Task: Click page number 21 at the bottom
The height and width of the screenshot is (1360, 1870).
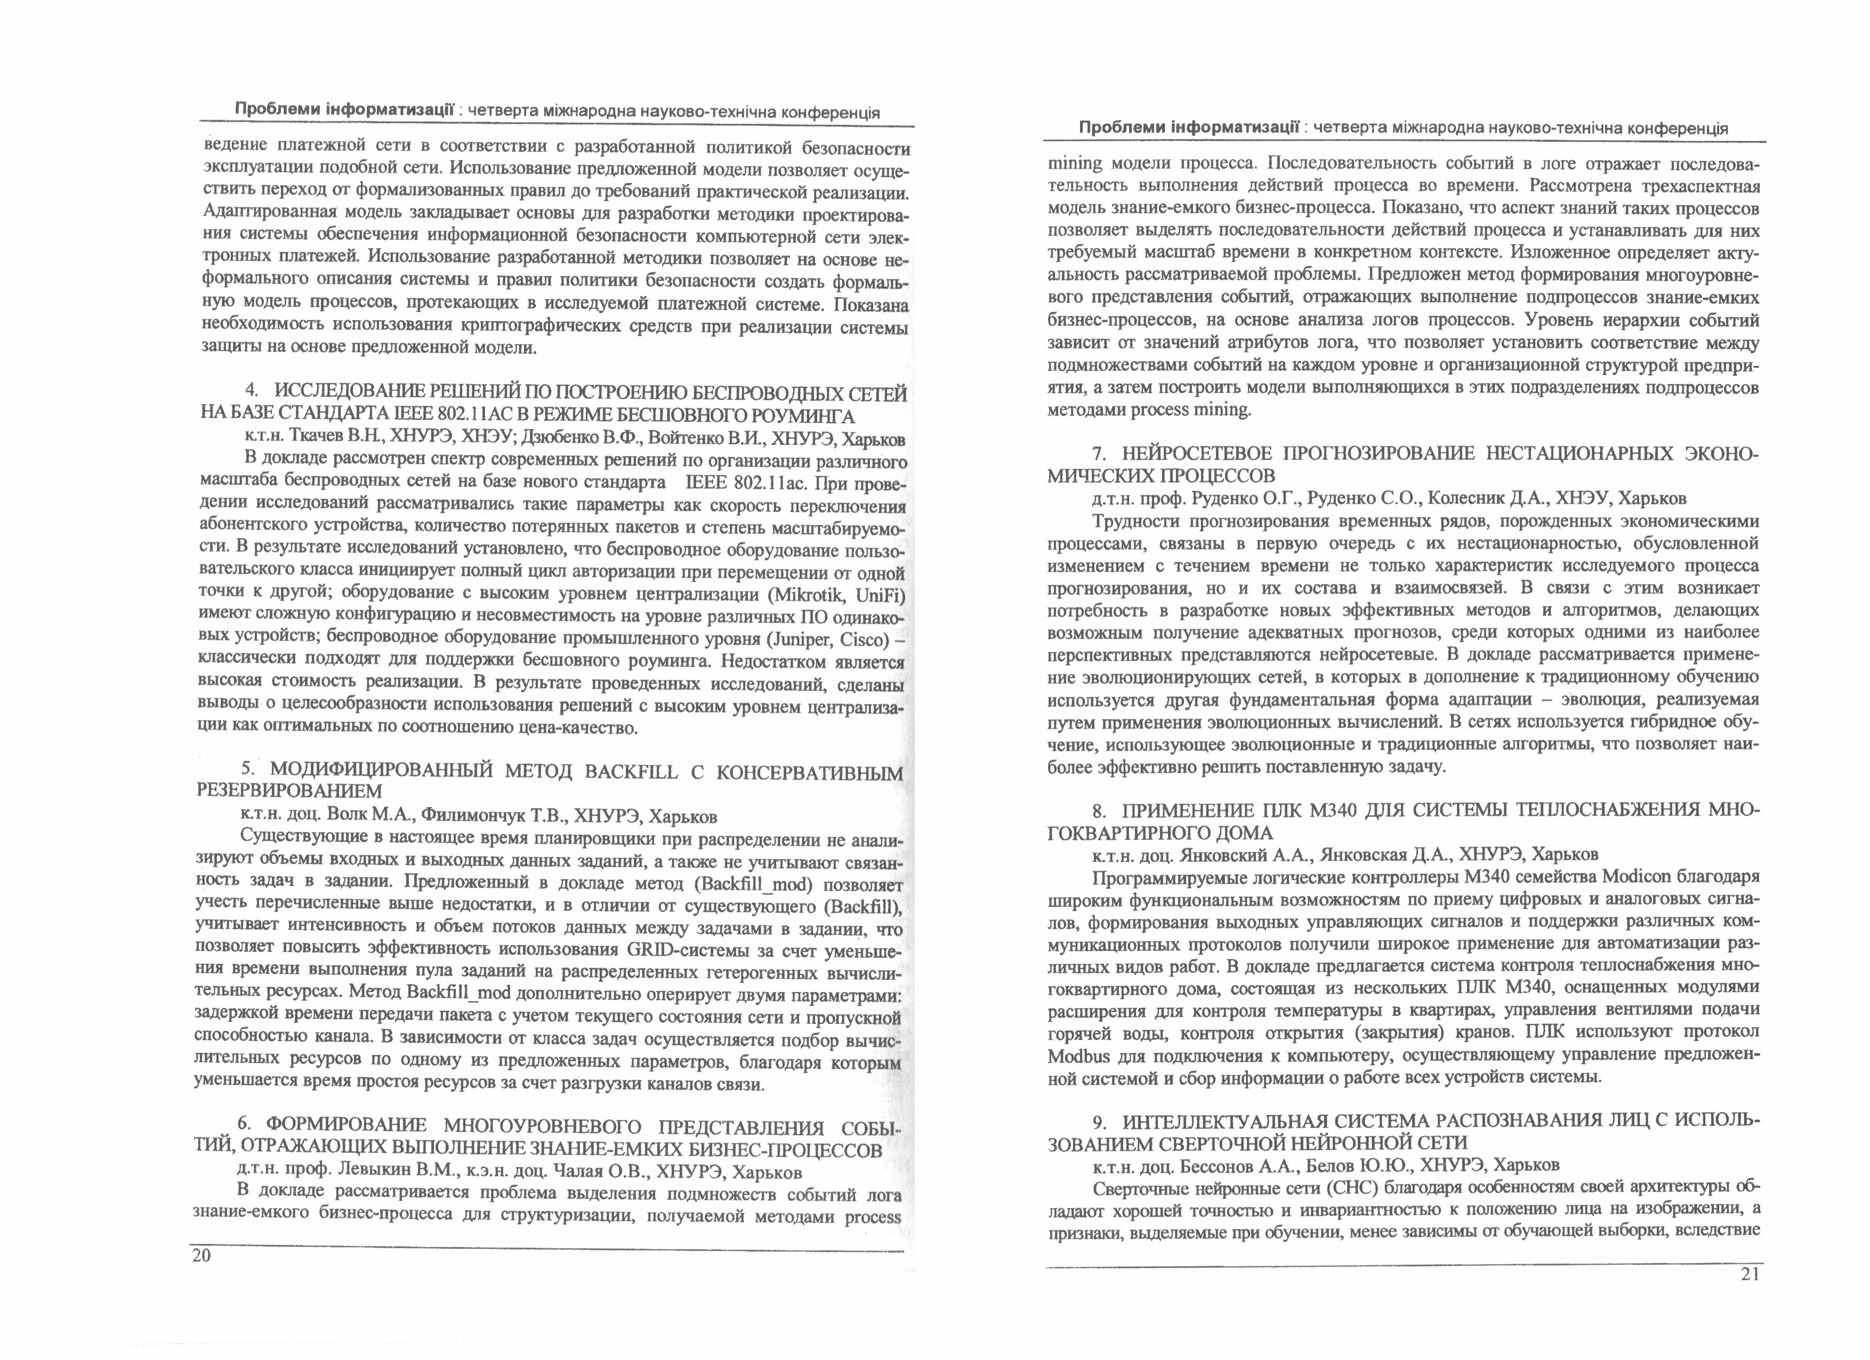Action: (1750, 1274)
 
